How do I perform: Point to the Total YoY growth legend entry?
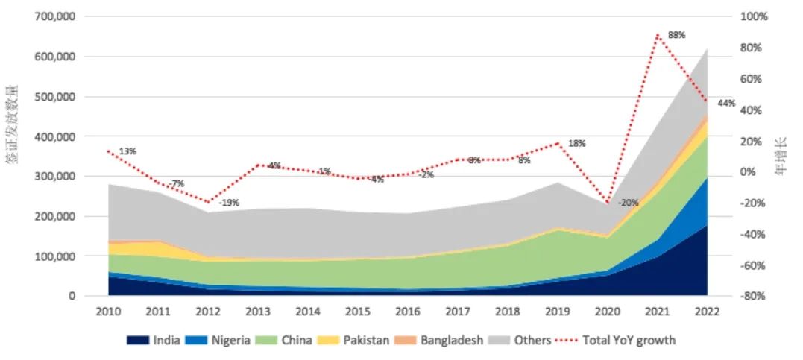pos(623,341)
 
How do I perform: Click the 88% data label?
pos(676,35)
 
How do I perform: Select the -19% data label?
pos(229,202)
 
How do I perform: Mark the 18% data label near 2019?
pos(577,143)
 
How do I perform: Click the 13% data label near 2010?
pos(127,151)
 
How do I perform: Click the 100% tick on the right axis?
pos(753,16)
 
